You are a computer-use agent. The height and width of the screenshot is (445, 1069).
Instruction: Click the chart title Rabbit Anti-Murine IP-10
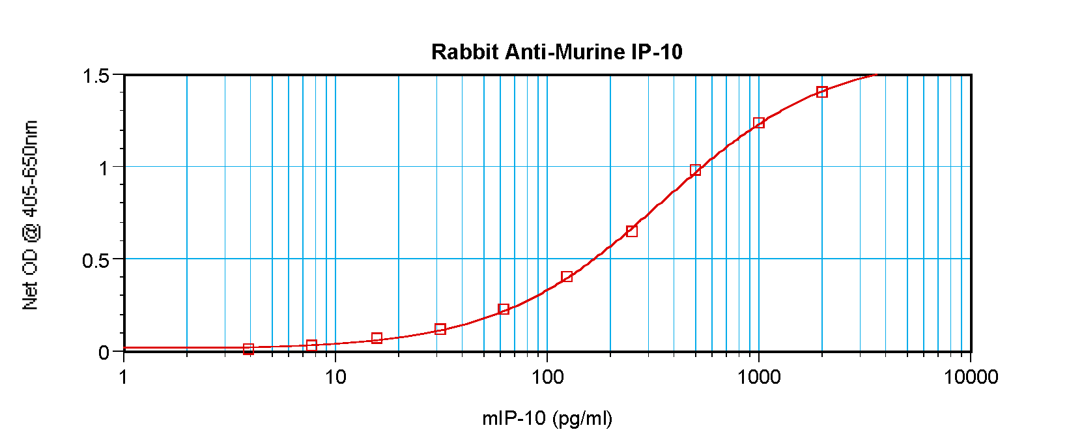click(x=556, y=52)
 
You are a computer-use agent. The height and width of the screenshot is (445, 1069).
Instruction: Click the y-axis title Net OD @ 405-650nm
click(x=31, y=215)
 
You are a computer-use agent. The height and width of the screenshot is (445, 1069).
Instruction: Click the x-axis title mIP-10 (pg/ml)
click(x=547, y=418)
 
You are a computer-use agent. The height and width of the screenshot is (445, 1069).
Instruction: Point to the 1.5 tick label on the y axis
click(x=96, y=76)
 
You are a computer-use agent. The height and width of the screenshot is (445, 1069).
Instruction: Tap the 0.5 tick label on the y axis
click(x=96, y=261)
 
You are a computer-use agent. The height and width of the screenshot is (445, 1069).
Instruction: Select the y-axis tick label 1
click(x=104, y=169)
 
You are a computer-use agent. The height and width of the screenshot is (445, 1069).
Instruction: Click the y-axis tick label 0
click(x=104, y=353)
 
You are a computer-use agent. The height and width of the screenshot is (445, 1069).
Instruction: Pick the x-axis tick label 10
click(x=335, y=377)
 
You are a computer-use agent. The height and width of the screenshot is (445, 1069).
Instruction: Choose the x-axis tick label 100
click(x=547, y=377)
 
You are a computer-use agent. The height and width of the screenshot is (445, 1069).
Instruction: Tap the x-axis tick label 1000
click(x=758, y=377)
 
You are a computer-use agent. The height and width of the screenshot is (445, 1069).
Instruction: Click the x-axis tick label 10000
click(x=971, y=377)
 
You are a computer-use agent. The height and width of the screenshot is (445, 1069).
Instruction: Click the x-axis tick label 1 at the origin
click(x=124, y=377)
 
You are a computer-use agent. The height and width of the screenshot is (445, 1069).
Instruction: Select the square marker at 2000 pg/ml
click(x=822, y=92)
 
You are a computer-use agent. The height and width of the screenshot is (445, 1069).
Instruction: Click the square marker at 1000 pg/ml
click(x=758, y=123)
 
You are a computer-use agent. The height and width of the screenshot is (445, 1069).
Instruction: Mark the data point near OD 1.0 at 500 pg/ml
click(x=695, y=170)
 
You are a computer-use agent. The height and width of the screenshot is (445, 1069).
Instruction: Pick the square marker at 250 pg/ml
click(x=631, y=231)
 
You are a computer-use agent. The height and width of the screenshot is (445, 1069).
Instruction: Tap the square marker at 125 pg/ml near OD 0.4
click(x=567, y=277)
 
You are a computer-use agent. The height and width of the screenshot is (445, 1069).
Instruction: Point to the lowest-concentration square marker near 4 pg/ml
click(x=248, y=349)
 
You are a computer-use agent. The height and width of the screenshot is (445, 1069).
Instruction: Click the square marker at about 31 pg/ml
click(x=440, y=329)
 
